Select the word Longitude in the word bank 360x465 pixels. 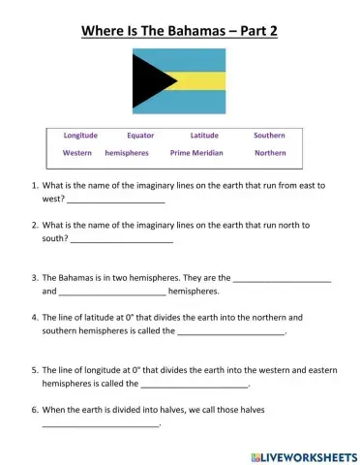point(80,136)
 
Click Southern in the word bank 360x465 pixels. point(269,136)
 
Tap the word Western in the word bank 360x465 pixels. point(77,153)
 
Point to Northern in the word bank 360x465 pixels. point(270,153)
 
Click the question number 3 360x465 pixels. point(35,277)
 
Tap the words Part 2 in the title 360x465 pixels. point(258,29)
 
